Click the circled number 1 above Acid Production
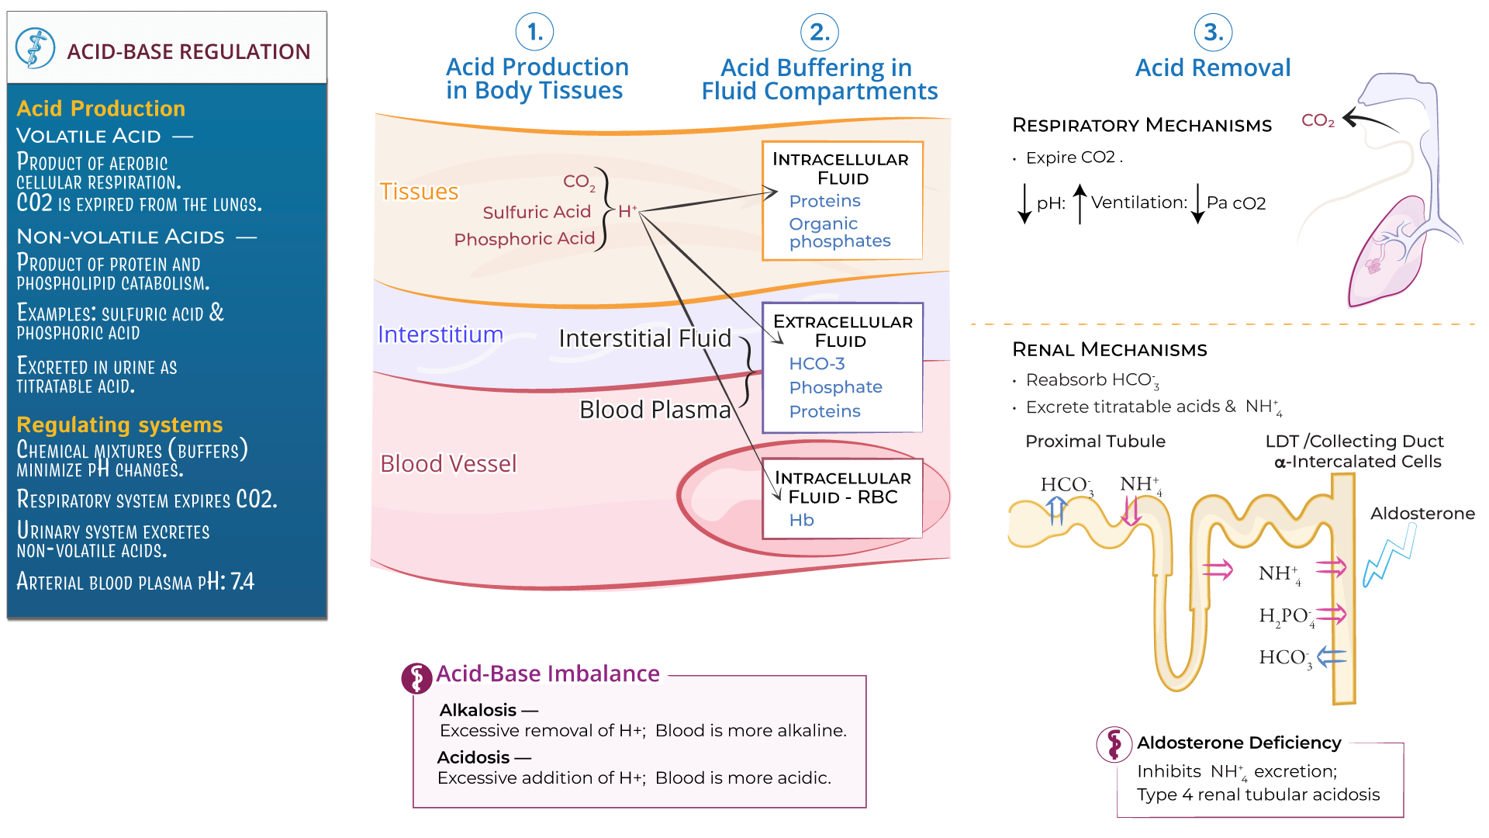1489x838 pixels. point(534,33)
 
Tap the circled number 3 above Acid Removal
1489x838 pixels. point(1213,33)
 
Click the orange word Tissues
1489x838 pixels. point(419,192)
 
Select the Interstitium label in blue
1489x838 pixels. point(440,334)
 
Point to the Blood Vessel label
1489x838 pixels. point(447,464)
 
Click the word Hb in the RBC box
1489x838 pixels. point(801,521)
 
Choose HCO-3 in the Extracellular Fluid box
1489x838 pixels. point(816,364)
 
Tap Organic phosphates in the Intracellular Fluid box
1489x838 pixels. point(839,233)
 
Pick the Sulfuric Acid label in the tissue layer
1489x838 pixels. point(537,213)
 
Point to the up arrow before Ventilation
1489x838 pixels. point(1080,203)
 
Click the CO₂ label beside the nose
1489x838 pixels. point(1318,121)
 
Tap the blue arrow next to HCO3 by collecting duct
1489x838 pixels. point(1332,657)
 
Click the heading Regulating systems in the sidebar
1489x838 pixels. point(119,425)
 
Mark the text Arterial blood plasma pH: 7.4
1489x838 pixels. point(135,582)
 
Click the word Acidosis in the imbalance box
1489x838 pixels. point(473,758)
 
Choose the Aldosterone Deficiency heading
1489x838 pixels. point(1239,743)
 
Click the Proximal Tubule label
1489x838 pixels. point(1095,442)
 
